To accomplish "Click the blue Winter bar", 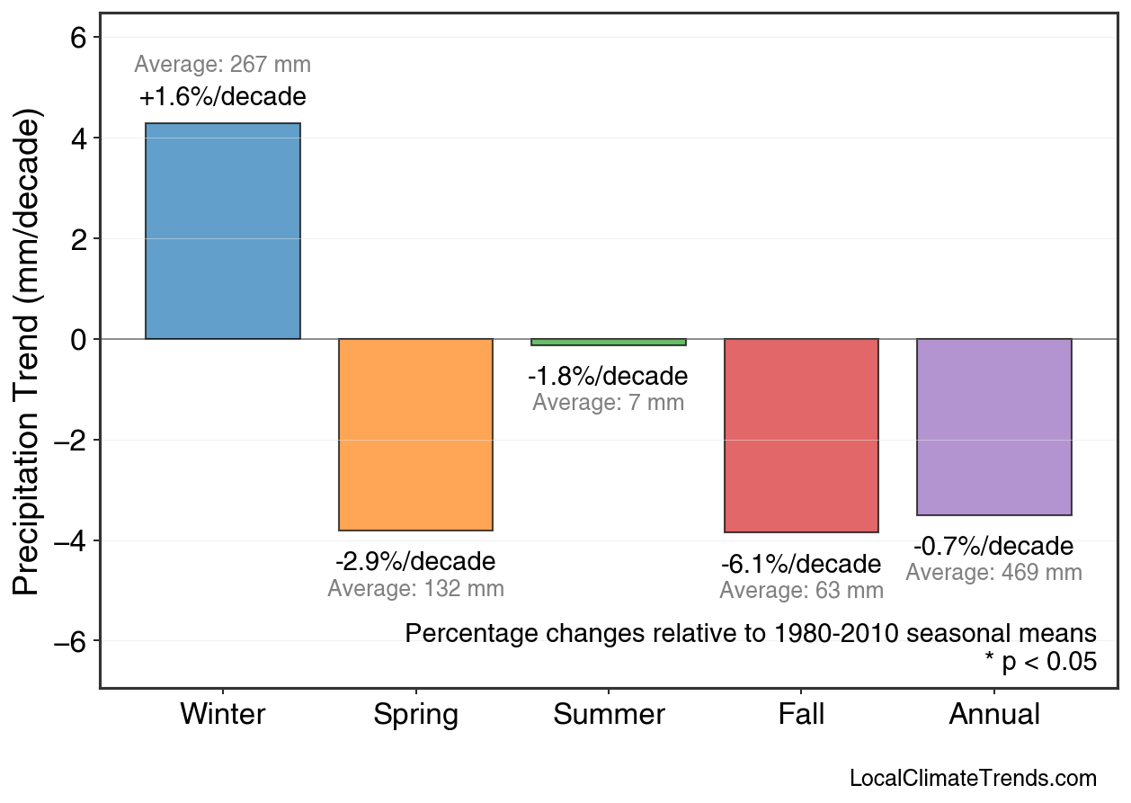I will pyautogui.click(x=223, y=231).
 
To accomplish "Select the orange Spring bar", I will pyautogui.click(x=415, y=434).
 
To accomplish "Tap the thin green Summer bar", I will pyautogui.click(x=609, y=342).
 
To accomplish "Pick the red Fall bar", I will pyautogui.click(x=801, y=435).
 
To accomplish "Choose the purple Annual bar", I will pyautogui.click(x=993, y=427).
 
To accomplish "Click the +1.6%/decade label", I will pyautogui.click(x=223, y=96).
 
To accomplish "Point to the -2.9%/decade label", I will pyautogui.click(x=415, y=562).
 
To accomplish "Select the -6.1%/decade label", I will pyautogui.click(x=801, y=565).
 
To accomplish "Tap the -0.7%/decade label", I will pyautogui.click(x=993, y=546).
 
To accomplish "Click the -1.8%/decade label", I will pyautogui.click(x=609, y=376).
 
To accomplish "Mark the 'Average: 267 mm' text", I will pyautogui.click(x=223, y=65).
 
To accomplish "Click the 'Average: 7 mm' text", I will pyautogui.click(x=609, y=403).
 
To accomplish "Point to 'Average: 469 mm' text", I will pyautogui.click(x=993, y=573).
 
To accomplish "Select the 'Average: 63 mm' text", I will pyautogui.click(x=801, y=591).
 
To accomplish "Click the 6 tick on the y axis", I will pyautogui.click(x=78, y=38).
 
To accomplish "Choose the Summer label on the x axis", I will pyautogui.click(x=609, y=715).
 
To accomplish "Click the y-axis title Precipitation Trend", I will pyautogui.click(x=29, y=354).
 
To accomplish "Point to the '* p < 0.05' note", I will pyautogui.click(x=1040, y=662).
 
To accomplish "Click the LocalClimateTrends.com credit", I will pyautogui.click(x=973, y=779).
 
